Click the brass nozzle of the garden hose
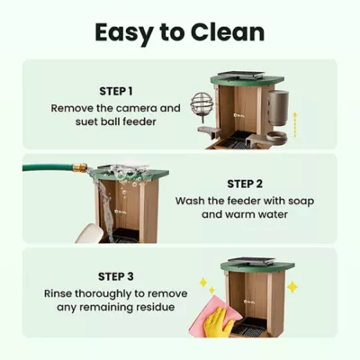80,167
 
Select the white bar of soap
90,233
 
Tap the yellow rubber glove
219,323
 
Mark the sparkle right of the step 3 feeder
292,286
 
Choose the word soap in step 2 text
292,202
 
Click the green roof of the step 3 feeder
257,266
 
